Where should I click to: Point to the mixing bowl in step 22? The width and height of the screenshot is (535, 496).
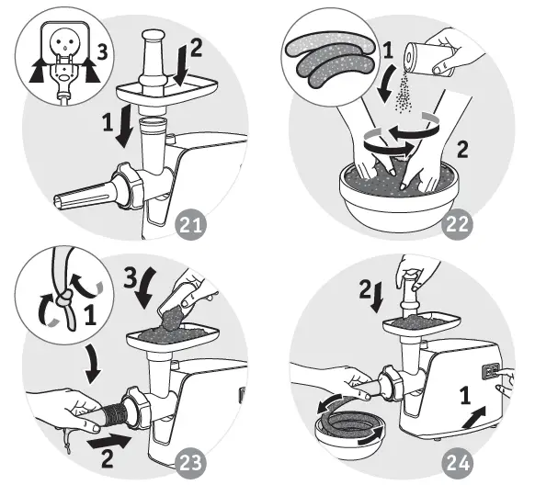(401, 197)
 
